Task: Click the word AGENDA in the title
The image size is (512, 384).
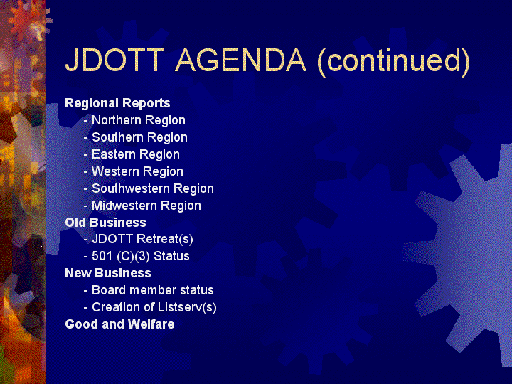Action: pyautogui.click(x=241, y=60)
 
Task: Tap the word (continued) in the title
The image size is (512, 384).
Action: pyautogui.click(x=394, y=61)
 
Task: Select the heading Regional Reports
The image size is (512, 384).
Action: pyautogui.click(x=117, y=103)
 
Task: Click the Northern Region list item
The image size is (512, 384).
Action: pyautogui.click(x=139, y=120)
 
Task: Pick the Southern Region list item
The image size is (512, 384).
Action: pyautogui.click(x=140, y=137)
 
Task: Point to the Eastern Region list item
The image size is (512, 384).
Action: pyautogui.click(x=136, y=154)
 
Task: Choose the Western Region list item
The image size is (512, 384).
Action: pyautogui.click(x=137, y=171)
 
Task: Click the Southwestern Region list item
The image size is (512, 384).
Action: pyautogui.click(x=153, y=188)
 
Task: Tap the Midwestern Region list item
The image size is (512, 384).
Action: pyautogui.click(x=146, y=206)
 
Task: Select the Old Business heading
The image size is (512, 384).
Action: pyautogui.click(x=105, y=223)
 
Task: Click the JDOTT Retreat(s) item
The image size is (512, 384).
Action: pyautogui.click(x=142, y=239)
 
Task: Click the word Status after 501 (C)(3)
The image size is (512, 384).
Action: pyautogui.click(x=171, y=256)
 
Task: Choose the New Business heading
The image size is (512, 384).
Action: pyautogui.click(x=108, y=273)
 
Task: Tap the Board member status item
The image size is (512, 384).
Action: pyautogui.click(x=153, y=290)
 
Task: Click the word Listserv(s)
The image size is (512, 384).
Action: pyautogui.click(x=187, y=307)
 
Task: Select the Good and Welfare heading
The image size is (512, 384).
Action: pyautogui.click(x=120, y=324)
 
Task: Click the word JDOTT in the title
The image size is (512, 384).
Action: pyautogui.click(x=115, y=60)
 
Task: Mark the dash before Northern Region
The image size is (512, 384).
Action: pyautogui.click(x=86, y=121)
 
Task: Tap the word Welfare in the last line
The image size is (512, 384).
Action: pyautogui.click(x=151, y=324)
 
